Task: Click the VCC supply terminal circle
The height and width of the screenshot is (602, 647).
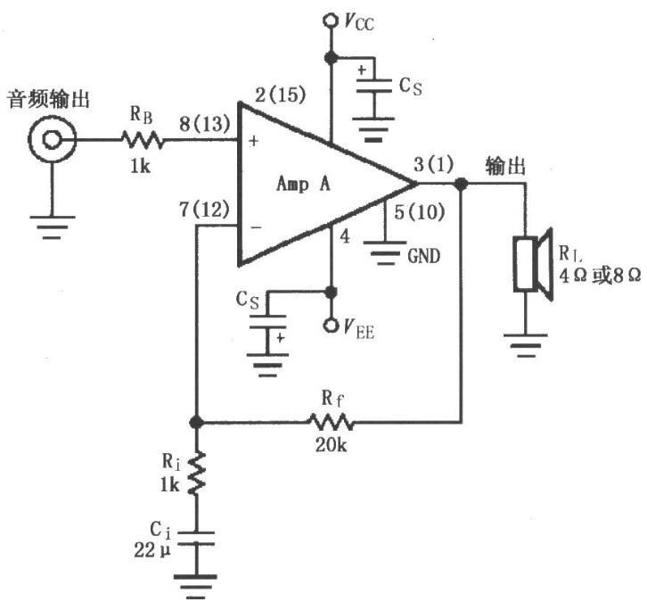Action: click(330, 21)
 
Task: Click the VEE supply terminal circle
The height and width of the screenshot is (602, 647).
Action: click(330, 326)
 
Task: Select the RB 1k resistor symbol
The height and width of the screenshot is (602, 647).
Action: click(143, 140)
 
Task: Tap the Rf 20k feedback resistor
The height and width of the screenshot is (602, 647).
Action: click(331, 422)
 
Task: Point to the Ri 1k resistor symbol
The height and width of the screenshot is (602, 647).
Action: click(196, 473)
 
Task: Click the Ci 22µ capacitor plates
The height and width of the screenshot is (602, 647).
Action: click(196, 539)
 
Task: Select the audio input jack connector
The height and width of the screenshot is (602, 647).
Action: click(52, 139)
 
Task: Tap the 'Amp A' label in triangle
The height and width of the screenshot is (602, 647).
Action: click(304, 184)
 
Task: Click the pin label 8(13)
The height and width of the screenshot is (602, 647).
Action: click(204, 123)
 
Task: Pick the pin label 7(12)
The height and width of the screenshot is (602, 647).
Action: click(204, 210)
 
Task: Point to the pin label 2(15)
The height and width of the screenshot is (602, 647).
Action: click(281, 95)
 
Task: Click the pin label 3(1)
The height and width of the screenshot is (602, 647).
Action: click(433, 164)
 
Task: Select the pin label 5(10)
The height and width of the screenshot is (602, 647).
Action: click(419, 212)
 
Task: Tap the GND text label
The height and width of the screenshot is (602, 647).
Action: click(424, 256)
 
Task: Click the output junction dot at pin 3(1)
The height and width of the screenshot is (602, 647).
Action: click(461, 184)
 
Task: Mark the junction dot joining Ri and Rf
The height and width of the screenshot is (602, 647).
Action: click(196, 422)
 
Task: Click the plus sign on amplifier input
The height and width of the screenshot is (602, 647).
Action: click(254, 141)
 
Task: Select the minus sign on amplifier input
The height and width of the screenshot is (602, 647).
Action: click(256, 227)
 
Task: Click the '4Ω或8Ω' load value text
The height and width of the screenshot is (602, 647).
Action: click(600, 276)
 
